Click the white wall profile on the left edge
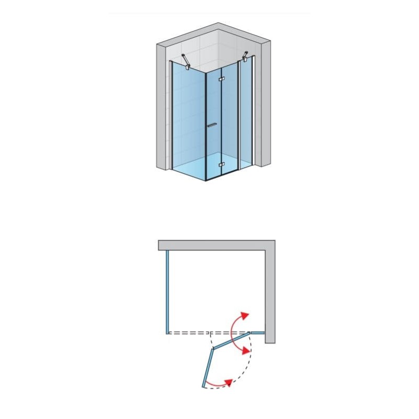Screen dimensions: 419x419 [171, 115]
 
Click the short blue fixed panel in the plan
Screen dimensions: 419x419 [257, 332]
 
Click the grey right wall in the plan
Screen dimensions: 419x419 [270, 293]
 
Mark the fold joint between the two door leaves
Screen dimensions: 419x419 [211, 349]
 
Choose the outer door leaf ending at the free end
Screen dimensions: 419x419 [206, 368]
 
